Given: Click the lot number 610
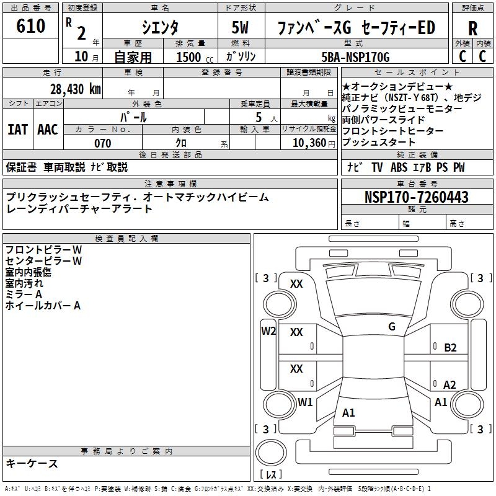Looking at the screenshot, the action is [30, 27].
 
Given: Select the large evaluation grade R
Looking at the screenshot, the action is [472, 29].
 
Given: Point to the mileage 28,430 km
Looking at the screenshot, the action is [75, 89].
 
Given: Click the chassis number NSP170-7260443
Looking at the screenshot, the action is [417, 197].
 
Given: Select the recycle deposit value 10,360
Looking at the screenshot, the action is [308, 143].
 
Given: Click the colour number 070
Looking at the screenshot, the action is [102, 143].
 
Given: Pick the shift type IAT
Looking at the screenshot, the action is [18, 130].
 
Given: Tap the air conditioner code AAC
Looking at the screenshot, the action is [48, 130].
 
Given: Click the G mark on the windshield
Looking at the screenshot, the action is [392, 327].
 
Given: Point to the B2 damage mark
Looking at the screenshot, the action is [450, 348].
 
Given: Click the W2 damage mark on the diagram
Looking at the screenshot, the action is [268, 330].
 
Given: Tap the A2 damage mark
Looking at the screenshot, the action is [449, 385].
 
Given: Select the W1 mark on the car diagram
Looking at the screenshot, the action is [305, 402].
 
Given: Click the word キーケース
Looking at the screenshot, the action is [32, 463].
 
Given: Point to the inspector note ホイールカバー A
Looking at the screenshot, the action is [43, 306].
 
